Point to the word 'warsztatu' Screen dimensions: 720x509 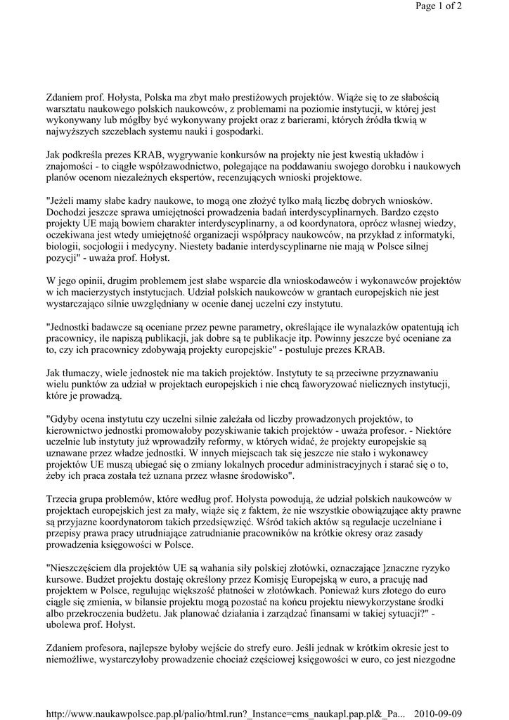coord(69,108)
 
